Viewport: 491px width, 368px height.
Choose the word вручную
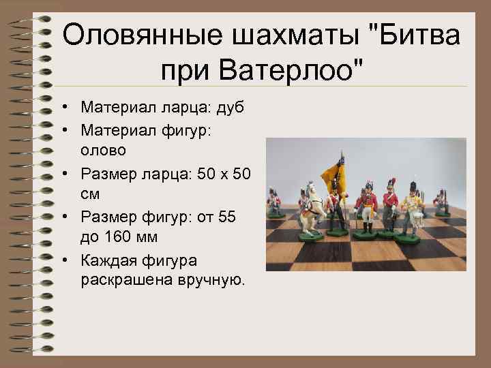(211, 279)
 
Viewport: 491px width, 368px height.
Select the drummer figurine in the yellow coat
(411, 204)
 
